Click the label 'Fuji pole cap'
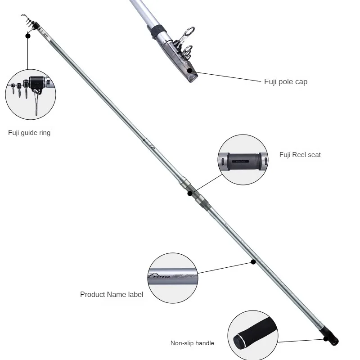(x=286, y=82)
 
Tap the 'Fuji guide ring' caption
(x=29, y=133)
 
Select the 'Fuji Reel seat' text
(x=300, y=155)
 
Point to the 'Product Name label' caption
(x=112, y=295)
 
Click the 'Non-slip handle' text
(x=192, y=343)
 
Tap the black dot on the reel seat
(x=190, y=193)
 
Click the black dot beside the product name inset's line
(x=253, y=261)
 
